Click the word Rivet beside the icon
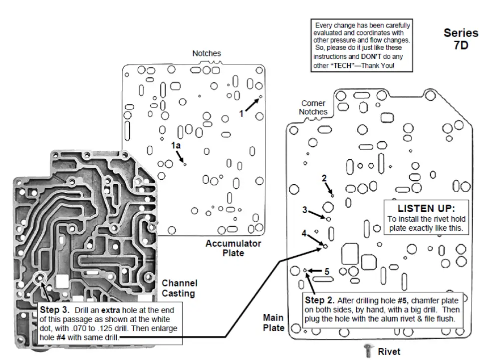(389, 351)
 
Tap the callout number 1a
(175, 145)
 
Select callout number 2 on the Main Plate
(324, 178)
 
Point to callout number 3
(304, 210)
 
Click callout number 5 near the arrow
(327, 272)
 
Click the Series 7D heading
(461, 39)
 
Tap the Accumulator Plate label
(233, 248)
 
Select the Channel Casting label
(179, 288)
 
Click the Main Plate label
(273, 323)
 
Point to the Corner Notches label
(313, 107)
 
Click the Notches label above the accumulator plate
(207, 53)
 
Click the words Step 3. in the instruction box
(53, 310)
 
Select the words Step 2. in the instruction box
(319, 301)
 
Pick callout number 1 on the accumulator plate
(241, 113)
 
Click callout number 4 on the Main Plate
(304, 233)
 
